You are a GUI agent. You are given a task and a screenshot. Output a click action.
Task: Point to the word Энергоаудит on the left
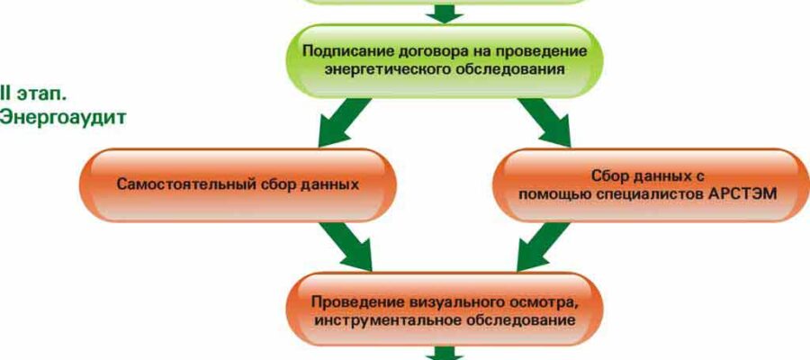coord(63,118)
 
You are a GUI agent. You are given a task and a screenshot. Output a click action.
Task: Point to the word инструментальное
coord(388,319)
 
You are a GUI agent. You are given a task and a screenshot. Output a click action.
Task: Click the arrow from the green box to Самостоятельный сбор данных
coord(345,121)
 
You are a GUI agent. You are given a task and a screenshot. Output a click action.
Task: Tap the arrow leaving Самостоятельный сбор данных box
coord(345,247)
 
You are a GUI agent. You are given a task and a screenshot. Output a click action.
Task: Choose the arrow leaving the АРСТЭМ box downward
coord(544,247)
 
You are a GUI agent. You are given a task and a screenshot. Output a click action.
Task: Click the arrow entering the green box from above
coord(445,13)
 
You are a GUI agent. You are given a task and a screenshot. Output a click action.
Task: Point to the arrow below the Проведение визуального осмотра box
coord(445,354)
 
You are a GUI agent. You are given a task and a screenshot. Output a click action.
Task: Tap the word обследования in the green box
coord(510,69)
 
